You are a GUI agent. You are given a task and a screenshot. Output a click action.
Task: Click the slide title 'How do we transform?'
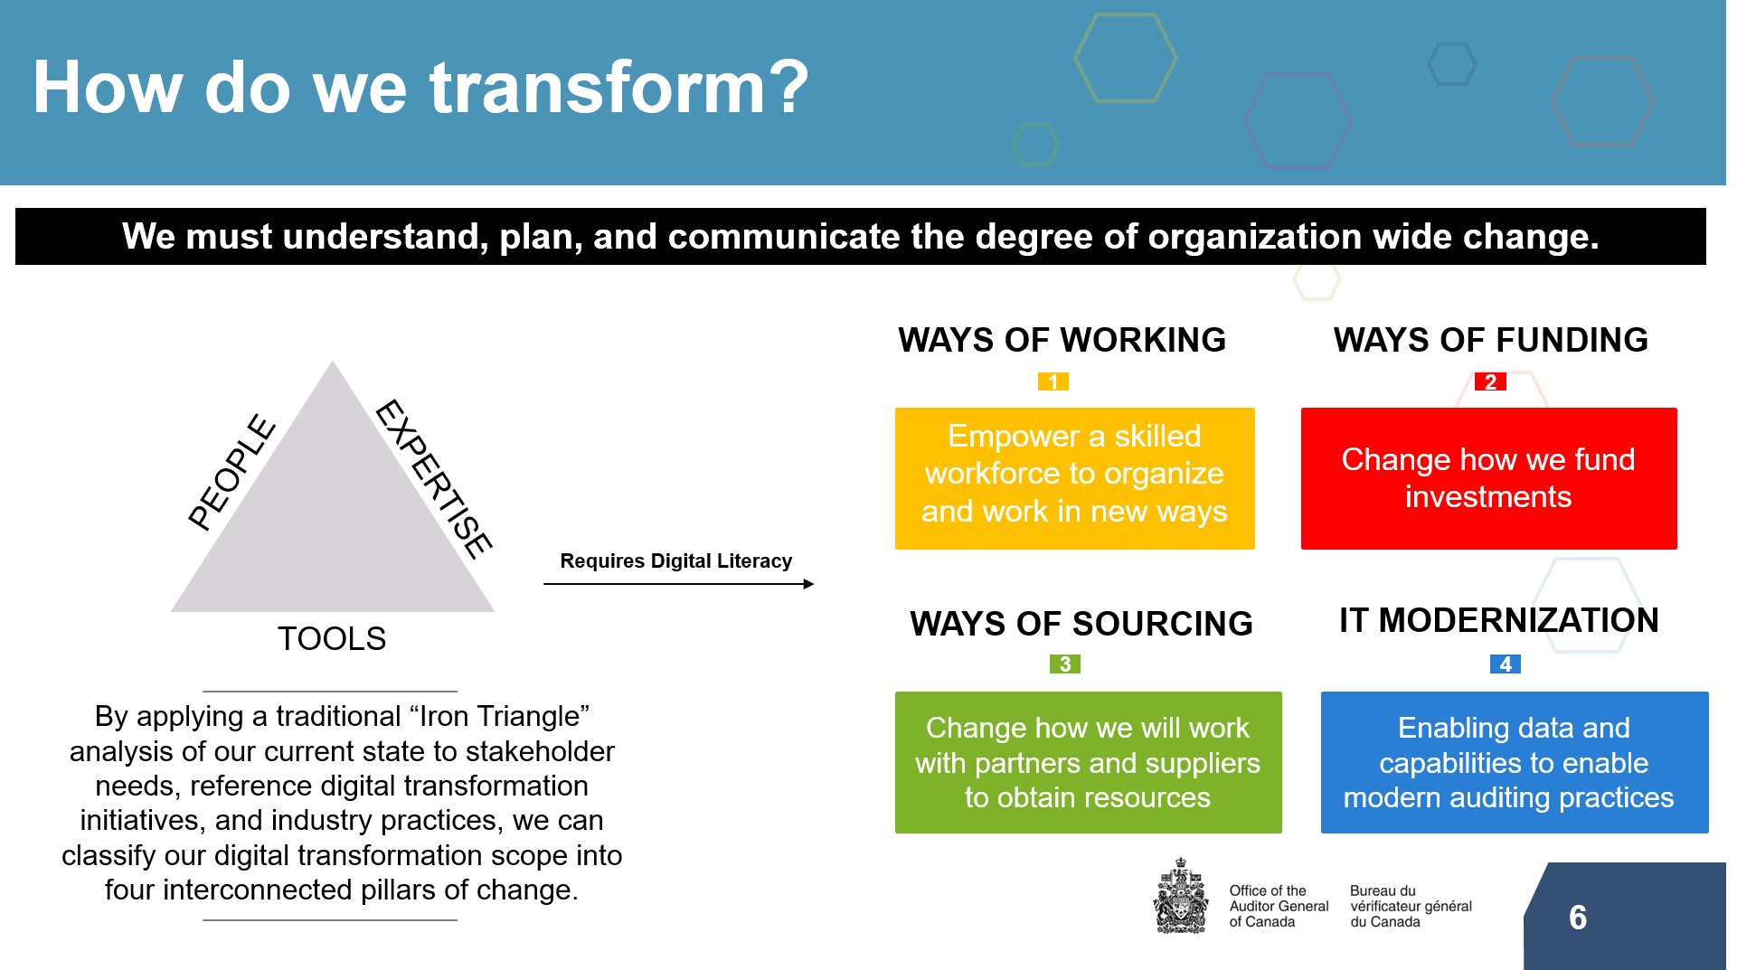click(x=420, y=88)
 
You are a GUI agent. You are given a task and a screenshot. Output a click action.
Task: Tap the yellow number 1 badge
click(x=1053, y=381)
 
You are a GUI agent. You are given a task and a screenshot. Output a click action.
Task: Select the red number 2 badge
click(x=1490, y=381)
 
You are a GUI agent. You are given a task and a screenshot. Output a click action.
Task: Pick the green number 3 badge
click(x=1065, y=664)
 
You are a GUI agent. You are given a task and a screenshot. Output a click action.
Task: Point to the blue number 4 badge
click(x=1506, y=664)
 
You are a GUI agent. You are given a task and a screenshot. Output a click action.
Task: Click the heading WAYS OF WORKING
click(x=1062, y=340)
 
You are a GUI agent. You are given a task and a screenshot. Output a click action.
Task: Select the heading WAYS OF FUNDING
click(x=1491, y=340)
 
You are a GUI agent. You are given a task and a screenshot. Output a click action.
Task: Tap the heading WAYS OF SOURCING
click(x=1081, y=624)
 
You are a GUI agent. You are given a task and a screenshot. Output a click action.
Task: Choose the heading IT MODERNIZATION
click(x=1499, y=620)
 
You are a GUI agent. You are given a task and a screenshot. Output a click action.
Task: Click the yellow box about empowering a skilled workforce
click(x=1075, y=478)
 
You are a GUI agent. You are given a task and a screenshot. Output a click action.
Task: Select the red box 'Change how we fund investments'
click(x=1489, y=478)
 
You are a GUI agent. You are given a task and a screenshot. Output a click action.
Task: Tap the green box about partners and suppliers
click(x=1089, y=762)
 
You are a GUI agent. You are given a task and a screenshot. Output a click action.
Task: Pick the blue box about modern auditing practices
click(x=1515, y=762)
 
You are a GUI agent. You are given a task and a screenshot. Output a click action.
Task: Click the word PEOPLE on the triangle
click(x=232, y=471)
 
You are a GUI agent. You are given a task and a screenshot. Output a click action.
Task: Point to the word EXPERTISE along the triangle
click(x=434, y=478)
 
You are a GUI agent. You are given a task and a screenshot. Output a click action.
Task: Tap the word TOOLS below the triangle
click(x=332, y=638)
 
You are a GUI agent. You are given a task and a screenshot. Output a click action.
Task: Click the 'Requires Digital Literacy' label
click(x=676, y=560)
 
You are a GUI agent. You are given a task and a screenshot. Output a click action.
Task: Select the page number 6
click(x=1578, y=918)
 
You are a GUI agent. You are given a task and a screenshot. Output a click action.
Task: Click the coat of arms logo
click(x=1181, y=896)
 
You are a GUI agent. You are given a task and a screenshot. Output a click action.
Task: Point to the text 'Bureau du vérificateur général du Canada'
click(x=1411, y=906)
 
